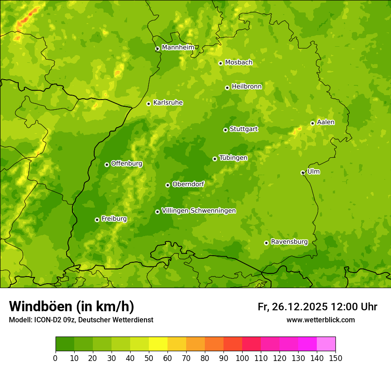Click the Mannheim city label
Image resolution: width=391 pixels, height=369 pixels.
[x=178, y=48]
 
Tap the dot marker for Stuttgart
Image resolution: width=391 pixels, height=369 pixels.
[x=225, y=130]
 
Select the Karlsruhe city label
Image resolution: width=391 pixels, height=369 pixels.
[x=168, y=103]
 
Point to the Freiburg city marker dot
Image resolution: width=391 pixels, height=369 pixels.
[x=97, y=220]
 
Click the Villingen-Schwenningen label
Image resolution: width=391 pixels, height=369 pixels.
[x=199, y=211]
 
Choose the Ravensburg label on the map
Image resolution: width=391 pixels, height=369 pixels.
[x=289, y=242]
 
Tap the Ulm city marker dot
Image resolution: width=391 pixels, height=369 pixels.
[x=303, y=172]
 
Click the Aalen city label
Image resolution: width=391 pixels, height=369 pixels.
[x=326, y=122]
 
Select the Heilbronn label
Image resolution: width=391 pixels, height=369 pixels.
[x=247, y=87]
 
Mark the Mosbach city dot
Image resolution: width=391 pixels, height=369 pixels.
[x=220, y=63]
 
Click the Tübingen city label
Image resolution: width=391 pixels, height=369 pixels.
[x=233, y=158]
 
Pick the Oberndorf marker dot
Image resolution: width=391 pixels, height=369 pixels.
[x=168, y=185]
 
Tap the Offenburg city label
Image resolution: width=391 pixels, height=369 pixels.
[x=126, y=164]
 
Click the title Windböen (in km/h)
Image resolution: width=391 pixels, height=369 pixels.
[x=71, y=306]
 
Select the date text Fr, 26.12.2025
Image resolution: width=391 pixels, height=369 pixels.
[x=293, y=307]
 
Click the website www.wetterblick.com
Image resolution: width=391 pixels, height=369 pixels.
[x=320, y=320]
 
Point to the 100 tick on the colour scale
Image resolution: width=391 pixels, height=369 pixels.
[x=242, y=358]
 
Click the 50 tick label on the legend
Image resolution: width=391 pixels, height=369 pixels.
[x=149, y=358]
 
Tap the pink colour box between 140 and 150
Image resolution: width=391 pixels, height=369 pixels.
[x=326, y=344]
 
